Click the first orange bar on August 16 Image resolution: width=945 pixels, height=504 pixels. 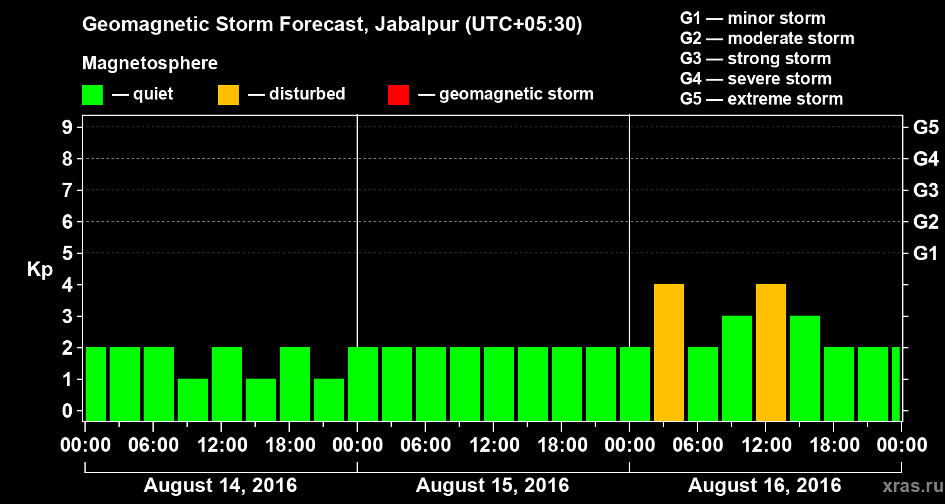(x=669, y=353)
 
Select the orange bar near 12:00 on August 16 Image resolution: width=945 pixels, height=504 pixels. (x=771, y=353)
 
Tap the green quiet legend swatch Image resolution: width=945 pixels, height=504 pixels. (x=93, y=95)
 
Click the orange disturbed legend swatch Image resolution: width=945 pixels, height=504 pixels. (x=228, y=95)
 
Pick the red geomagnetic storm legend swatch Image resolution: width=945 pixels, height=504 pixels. (x=398, y=95)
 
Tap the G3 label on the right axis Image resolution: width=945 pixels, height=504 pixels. (x=925, y=191)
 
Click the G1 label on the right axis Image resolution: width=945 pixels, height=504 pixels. (x=925, y=254)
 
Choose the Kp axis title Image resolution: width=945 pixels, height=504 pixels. (x=40, y=270)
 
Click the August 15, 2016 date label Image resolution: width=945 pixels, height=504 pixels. (x=492, y=486)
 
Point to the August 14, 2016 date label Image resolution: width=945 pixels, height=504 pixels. (x=220, y=486)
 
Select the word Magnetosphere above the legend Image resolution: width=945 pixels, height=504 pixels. (x=150, y=64)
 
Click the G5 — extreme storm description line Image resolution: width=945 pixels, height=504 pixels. (x=761, y=99)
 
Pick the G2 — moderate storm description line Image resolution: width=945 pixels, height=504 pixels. (x=767, y=38)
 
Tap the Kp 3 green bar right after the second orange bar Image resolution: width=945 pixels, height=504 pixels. (x=805, y=369)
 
